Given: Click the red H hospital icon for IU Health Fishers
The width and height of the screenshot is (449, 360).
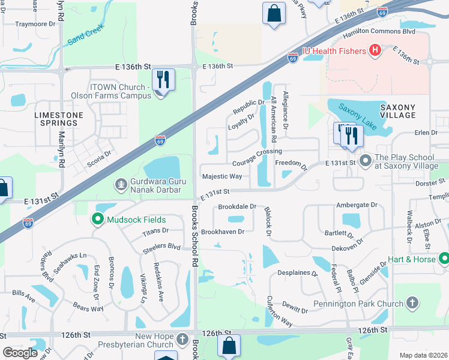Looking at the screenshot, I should click(376, 50).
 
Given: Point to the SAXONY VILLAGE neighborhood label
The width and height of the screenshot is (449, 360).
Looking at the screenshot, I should click(397, 110).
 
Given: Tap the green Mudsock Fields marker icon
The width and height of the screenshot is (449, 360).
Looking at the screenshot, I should click(97, 220).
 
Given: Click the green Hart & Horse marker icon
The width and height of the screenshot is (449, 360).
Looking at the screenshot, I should click(444, 259).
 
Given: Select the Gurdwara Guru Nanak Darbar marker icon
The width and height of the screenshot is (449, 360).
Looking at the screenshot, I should click(121, 184).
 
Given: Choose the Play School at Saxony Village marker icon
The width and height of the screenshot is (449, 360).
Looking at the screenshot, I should click(366, 161).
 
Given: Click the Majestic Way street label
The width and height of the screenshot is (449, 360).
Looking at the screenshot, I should click(222, 176).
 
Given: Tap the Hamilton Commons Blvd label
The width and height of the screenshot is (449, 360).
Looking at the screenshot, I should click(379, 31).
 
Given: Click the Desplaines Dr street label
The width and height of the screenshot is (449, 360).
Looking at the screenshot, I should click(297, 273).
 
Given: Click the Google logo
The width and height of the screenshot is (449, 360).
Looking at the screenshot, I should click(20, 353).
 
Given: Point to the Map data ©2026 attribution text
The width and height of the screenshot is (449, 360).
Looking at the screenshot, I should click(423, 355).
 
